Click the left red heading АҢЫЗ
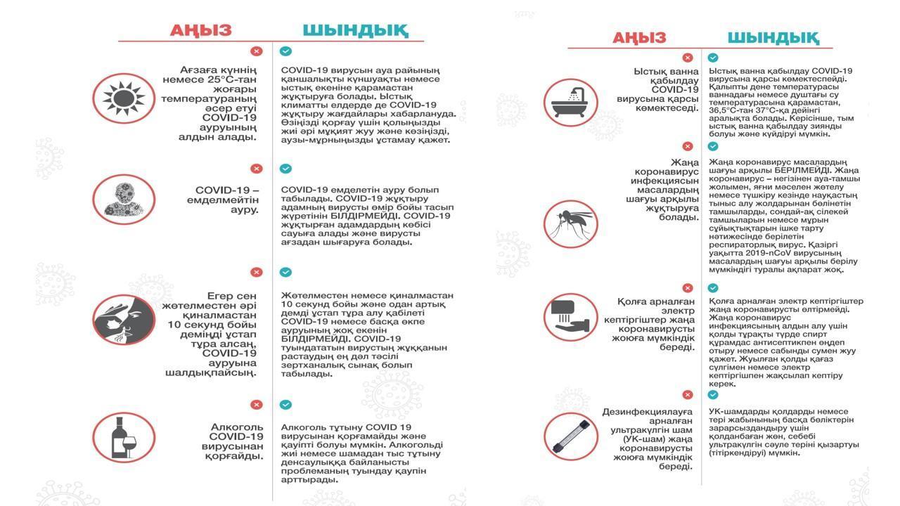200,30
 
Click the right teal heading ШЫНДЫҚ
773,37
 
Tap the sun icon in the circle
124,98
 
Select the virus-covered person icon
124,199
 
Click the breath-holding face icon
124,319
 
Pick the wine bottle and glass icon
124,437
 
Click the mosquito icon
570,223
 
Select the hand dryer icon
570,318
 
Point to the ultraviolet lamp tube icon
570,436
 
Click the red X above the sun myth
257,51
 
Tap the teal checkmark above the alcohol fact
285,405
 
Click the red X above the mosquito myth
687,146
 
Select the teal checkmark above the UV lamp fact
713,395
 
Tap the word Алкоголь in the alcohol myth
237,427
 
